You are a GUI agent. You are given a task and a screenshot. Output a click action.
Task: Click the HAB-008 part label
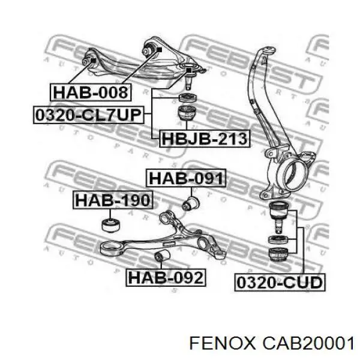(x=91, y=92)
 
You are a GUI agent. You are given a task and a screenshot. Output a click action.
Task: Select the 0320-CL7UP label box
(x=89, y=115)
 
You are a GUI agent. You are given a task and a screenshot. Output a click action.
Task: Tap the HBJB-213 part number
(x=205, y=139)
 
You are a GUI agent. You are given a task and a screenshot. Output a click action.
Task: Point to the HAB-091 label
(x=186, y=178)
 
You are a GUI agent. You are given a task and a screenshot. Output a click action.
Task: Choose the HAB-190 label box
(x=113, y=200)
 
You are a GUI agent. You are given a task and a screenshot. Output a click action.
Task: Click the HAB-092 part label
(x=166, y=277)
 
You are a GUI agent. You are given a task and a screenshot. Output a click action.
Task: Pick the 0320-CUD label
(x=280, y=282)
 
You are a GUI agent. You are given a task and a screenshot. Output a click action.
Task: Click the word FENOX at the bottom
(x=222, y=344)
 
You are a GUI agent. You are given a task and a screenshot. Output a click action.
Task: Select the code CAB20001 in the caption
(x=308, y=344)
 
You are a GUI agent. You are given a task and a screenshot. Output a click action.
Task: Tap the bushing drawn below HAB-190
(x=110, y=225)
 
